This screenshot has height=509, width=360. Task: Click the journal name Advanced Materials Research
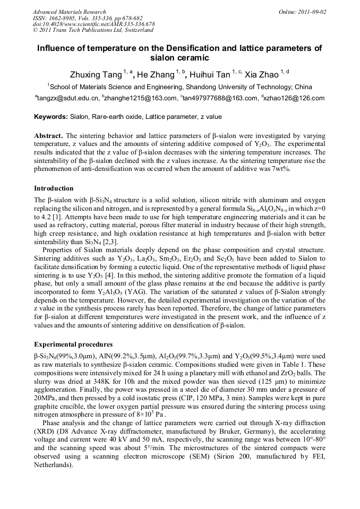69,12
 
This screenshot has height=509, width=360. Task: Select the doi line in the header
94,24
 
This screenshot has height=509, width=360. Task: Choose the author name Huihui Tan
211,74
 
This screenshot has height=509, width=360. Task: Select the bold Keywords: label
50,117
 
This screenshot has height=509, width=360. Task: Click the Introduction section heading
54,188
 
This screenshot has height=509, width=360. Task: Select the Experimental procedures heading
73,344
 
